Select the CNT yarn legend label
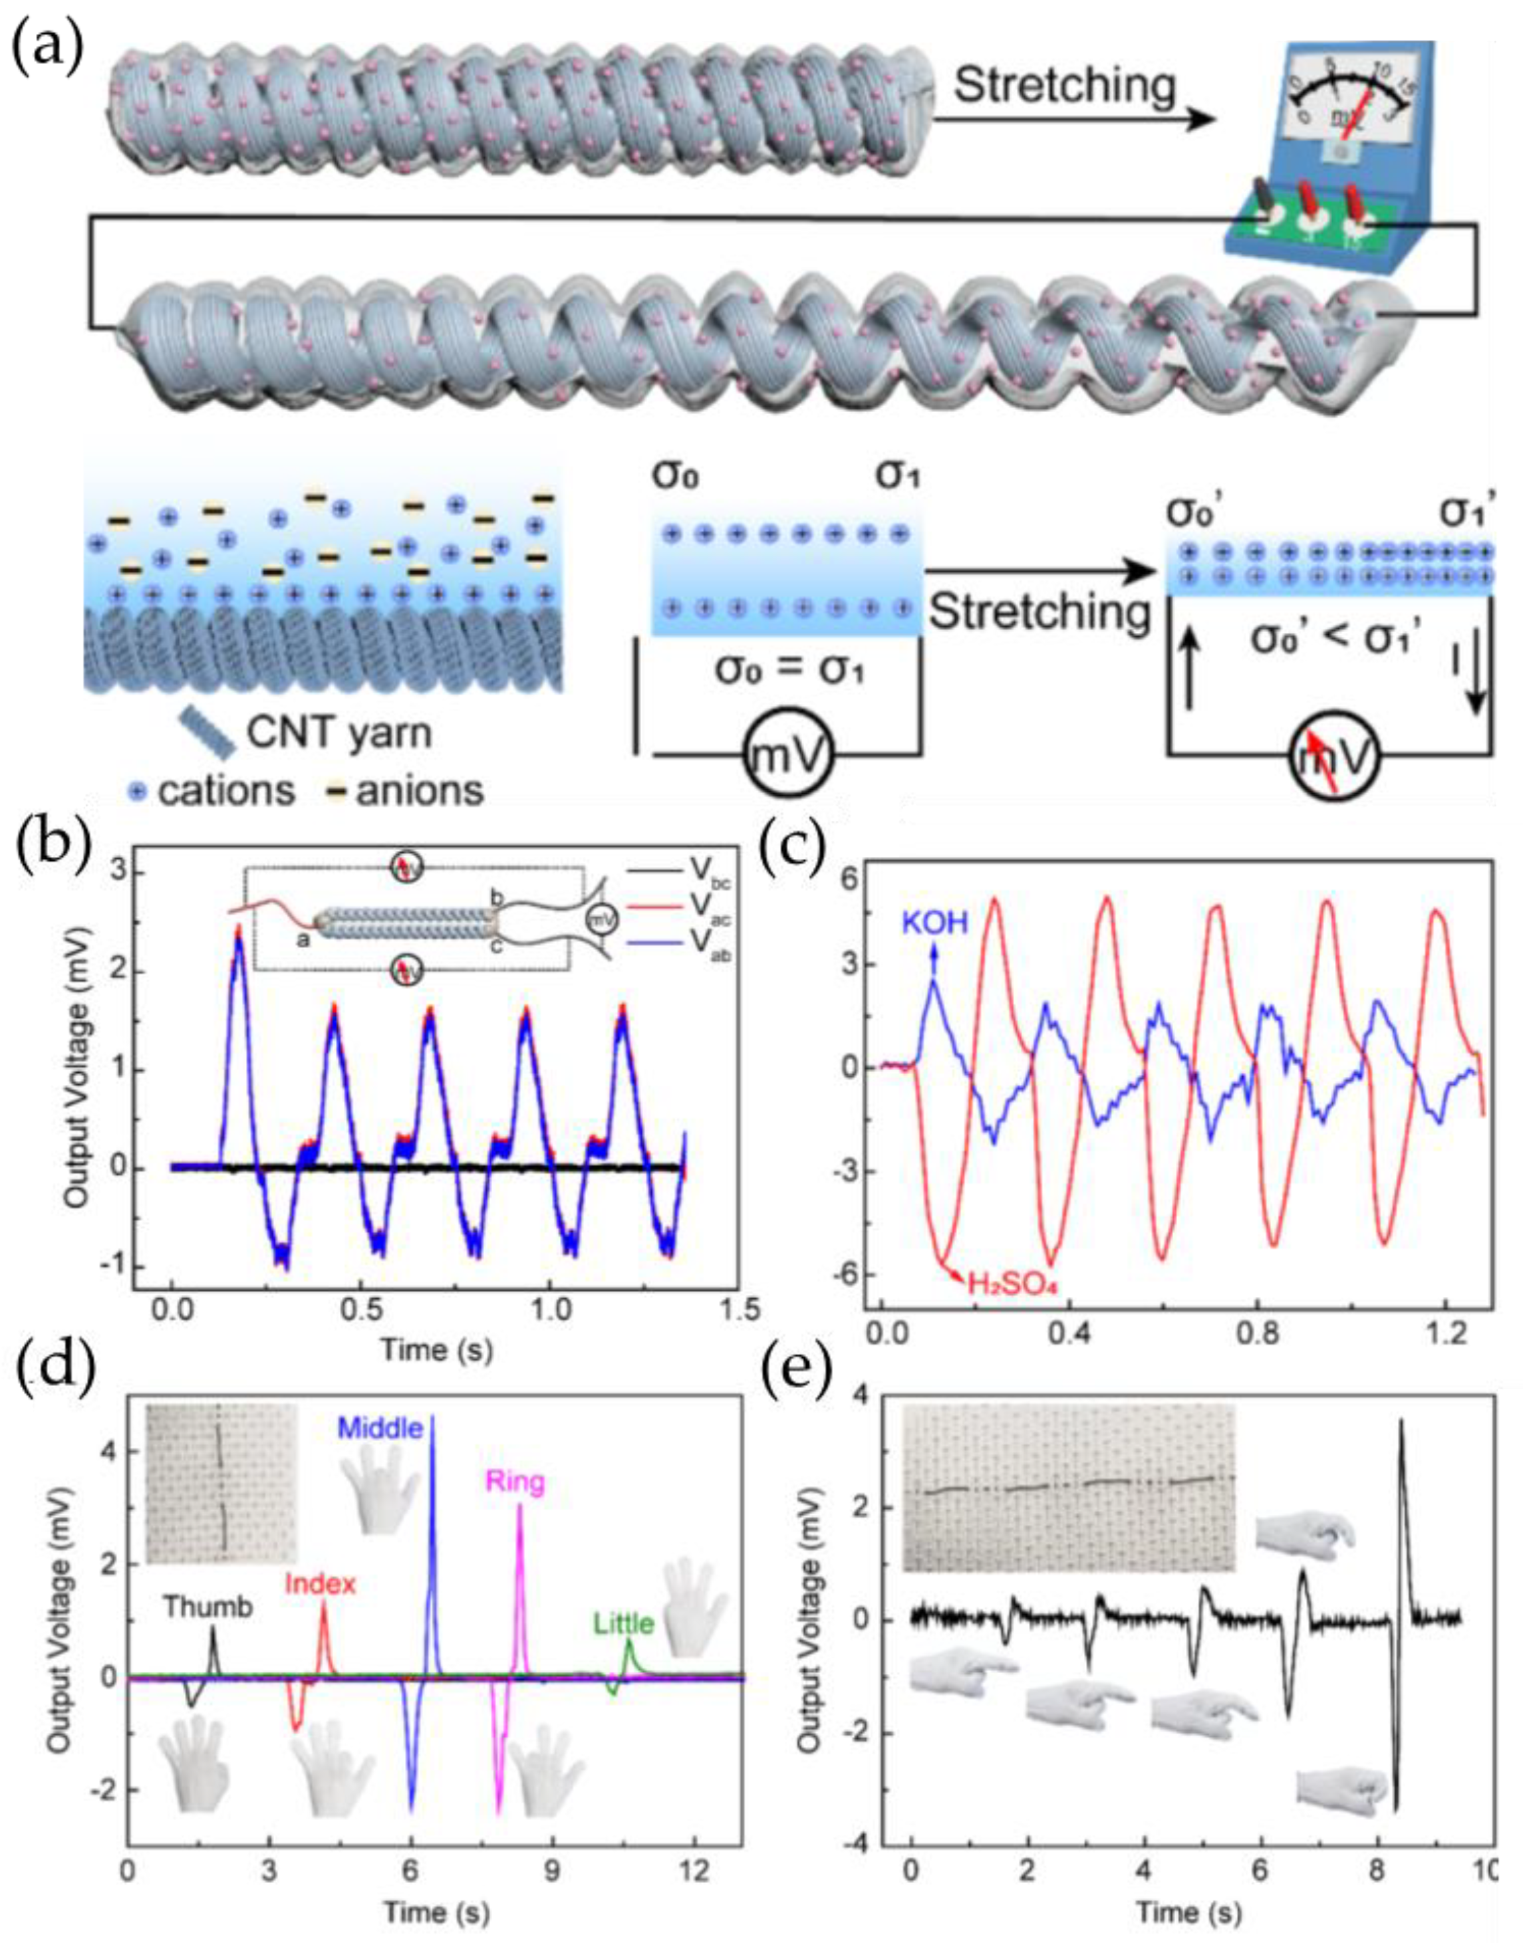338,733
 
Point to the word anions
419,790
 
